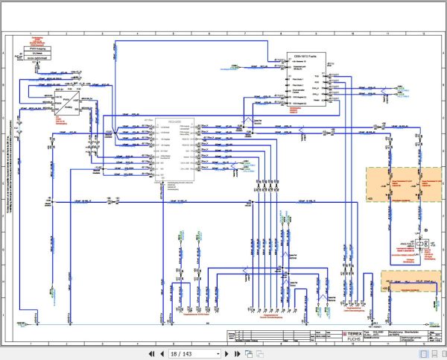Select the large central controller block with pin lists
click(174, 149)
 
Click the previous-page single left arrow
click(159, 353)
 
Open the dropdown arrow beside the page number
click(218, 353)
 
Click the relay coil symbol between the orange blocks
click(422, 244)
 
